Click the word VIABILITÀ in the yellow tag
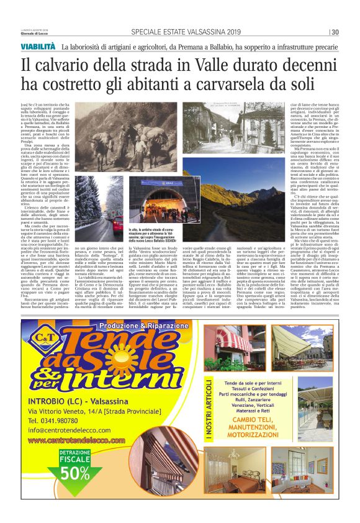pyautogui.click(x=39, y=47)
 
